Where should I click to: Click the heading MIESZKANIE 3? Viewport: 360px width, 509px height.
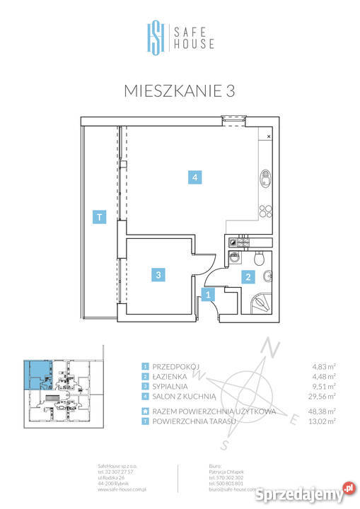tap(180, 90)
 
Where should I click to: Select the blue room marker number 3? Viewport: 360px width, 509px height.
tap(160, 275)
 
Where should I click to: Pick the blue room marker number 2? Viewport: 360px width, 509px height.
tap(248, 277)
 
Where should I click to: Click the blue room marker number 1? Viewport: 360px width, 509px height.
tap(208, 296)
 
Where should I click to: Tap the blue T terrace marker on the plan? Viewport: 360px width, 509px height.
tap(100, 218)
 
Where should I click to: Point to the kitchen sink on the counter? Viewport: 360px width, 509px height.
tap(267, 177)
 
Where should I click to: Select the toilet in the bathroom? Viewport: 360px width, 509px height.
tap(264, 259)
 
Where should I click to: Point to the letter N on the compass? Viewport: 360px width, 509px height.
tap(270, 346)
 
